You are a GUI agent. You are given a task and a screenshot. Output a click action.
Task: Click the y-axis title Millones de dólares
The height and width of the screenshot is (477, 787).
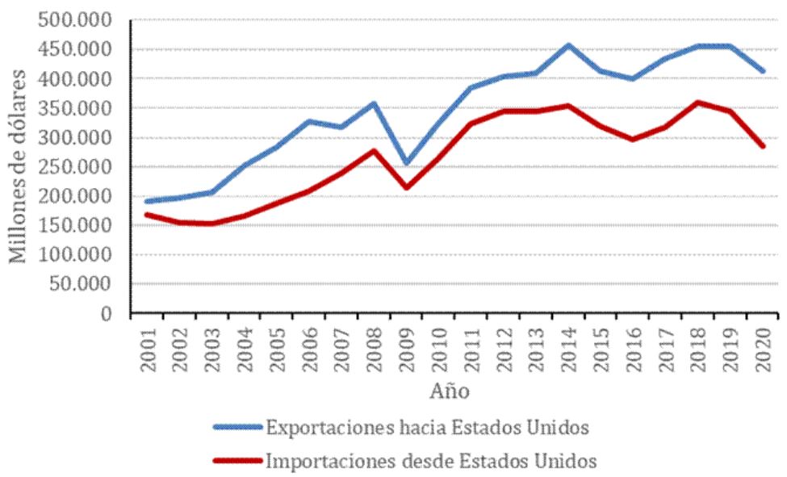click(17, 166)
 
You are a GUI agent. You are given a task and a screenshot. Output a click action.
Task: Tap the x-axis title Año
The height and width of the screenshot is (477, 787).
click(446, 391)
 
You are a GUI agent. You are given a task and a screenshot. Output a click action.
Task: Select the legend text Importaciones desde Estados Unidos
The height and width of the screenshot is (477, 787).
click(431, 462)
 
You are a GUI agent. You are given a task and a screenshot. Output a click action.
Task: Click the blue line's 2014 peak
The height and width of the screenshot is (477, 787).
click(569, 45)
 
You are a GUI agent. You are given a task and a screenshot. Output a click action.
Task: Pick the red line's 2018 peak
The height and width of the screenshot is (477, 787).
click(698, 103)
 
